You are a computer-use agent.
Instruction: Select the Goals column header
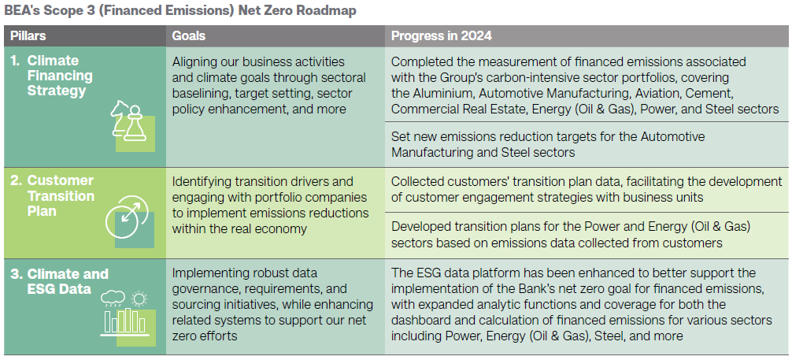188,36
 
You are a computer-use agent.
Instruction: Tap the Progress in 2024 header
442,36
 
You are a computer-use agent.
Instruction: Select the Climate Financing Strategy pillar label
53,76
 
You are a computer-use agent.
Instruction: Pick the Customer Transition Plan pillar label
53,195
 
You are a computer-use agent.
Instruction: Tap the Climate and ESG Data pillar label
60,282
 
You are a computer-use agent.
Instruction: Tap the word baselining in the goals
198,94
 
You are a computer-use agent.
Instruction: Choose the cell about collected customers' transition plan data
587,190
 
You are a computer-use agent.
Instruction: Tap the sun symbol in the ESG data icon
138,299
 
